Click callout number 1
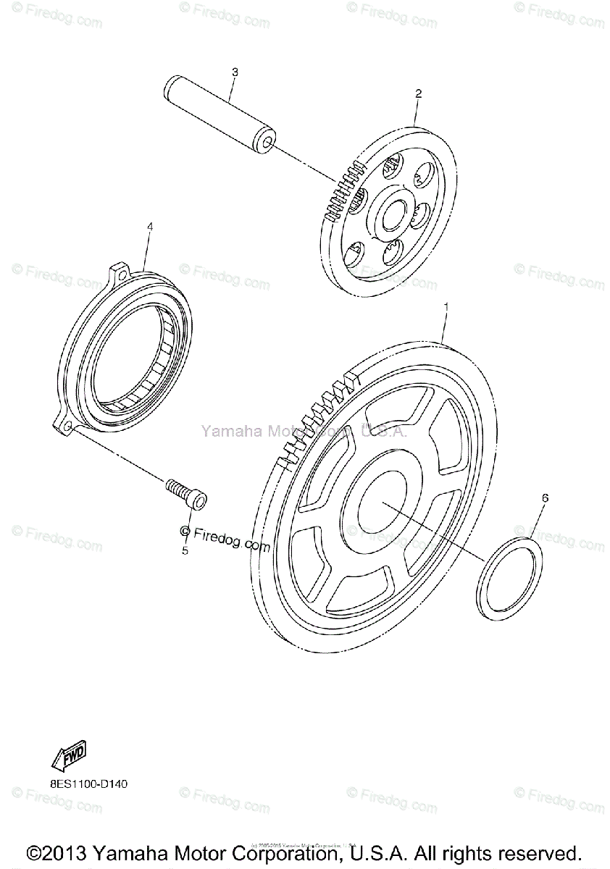(x=446, y=308)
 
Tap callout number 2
(x=419, y=93)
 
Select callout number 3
(x=235, y=72)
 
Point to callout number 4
(x=150, y=227)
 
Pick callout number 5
(x=185, y=551)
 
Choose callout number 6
(x=545, y=498)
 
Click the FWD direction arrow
(x=70, y=757)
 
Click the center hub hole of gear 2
(x=394, y=214)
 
